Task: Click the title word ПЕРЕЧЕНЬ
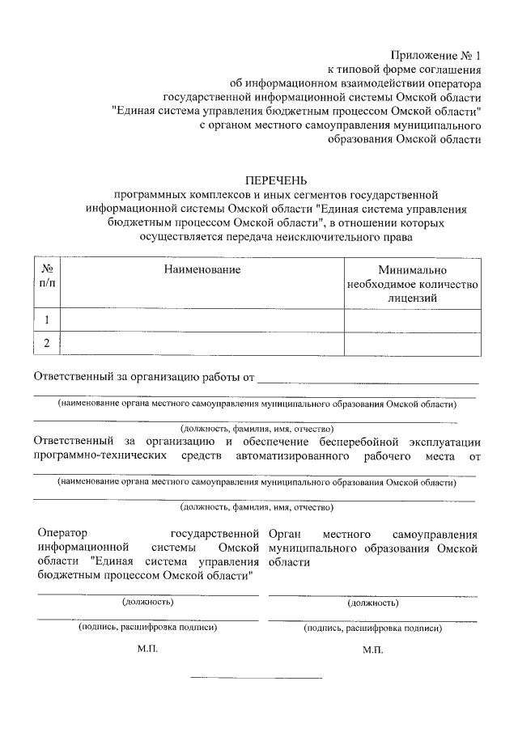[277, 180]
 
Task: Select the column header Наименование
[202, 269]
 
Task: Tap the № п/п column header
[47, 275]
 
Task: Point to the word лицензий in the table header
[413, 298]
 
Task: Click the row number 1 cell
[47, 320]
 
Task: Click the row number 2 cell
[47, 344]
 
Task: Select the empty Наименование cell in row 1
[202, 320]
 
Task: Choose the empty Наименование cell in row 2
[202, 344]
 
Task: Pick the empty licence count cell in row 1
[413, 320]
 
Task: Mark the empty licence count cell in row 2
[413, 344]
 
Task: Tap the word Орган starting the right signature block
[286, 534]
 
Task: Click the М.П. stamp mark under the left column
[148, 649]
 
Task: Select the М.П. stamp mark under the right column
[372, 649]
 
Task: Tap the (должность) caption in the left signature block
[148, 603]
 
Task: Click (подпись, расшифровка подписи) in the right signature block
[372, 628]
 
